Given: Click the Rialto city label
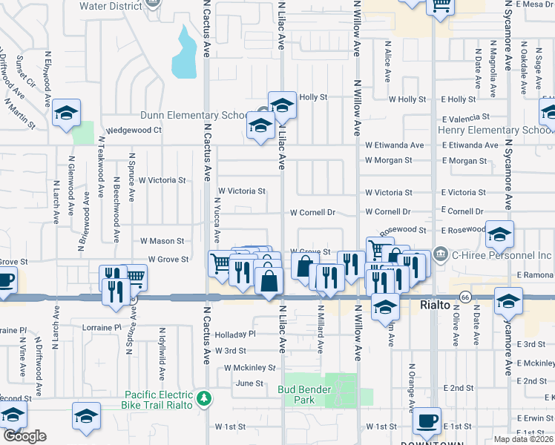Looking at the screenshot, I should (x=434, y=305).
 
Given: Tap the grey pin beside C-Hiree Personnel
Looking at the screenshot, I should (x=441, y=254).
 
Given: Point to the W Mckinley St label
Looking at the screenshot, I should (x=250, y=367).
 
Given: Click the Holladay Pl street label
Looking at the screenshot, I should (x=235, y=334).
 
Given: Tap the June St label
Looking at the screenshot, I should (x=249, y=383).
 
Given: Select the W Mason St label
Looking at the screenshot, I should (x=162, y=241).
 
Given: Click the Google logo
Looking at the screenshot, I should (x=24, y=436).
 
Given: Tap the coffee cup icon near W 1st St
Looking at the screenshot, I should (x=426, y=421).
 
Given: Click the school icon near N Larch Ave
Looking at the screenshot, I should (x=67, y=113).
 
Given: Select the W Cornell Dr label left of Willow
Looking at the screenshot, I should (x=312, y=212).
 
